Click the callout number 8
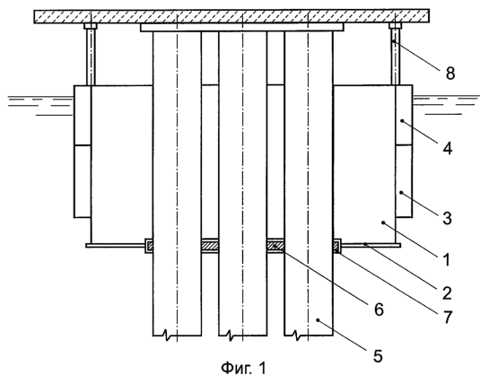[x=450, y=74]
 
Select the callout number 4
[x=447, y=149]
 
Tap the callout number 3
[x=447, y=219]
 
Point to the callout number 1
[x=447, y=259]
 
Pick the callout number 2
[x=447, y=293]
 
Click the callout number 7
[x=448, y=317]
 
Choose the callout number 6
[x=379, y=310]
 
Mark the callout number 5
[x=378, y=356]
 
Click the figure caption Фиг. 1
[x=244, y=368]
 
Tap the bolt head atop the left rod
[x=91, y=26]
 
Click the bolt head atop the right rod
[x=395, y=26]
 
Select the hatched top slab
[x=231, y=16]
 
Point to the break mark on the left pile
[x=166, y=336]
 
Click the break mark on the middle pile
[x=230, y=336]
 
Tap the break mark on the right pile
[x=296, y=336]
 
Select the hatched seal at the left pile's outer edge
[x=150, y=246]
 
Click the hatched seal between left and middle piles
[x=210, y=246]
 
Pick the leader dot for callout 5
[x=318, y=320]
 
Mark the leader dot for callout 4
[x=402, y=121]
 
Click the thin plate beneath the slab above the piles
[x=242, y=27]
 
